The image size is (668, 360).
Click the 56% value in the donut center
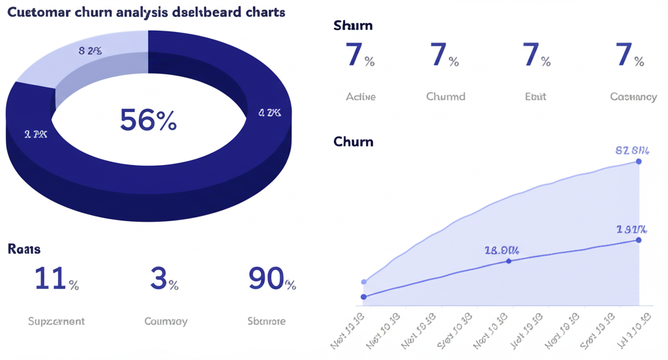pos(148,120)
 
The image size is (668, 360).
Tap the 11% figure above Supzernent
pos(56,279)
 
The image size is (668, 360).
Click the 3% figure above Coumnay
pos(164,279)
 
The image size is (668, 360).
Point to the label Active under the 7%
pos(361,97)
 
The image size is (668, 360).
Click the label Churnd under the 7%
pos(446,97)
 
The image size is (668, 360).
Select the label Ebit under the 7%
pos(536,97)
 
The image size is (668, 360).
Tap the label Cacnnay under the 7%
pos(633,97)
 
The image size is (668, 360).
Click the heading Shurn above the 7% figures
pos(353,25)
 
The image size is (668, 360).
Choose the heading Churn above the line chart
pos(353,141)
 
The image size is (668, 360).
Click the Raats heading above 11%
pos(24,248)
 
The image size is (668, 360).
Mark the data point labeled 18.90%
pos(509,261)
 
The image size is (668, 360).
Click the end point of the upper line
pos(638,161)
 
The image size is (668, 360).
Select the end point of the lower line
pos(638,240)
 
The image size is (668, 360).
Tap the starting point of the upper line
pos(364,282)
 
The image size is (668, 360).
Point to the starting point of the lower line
pos(364,297)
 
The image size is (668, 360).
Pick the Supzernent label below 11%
pos(56,321)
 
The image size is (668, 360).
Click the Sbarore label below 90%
pos(266,321)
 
